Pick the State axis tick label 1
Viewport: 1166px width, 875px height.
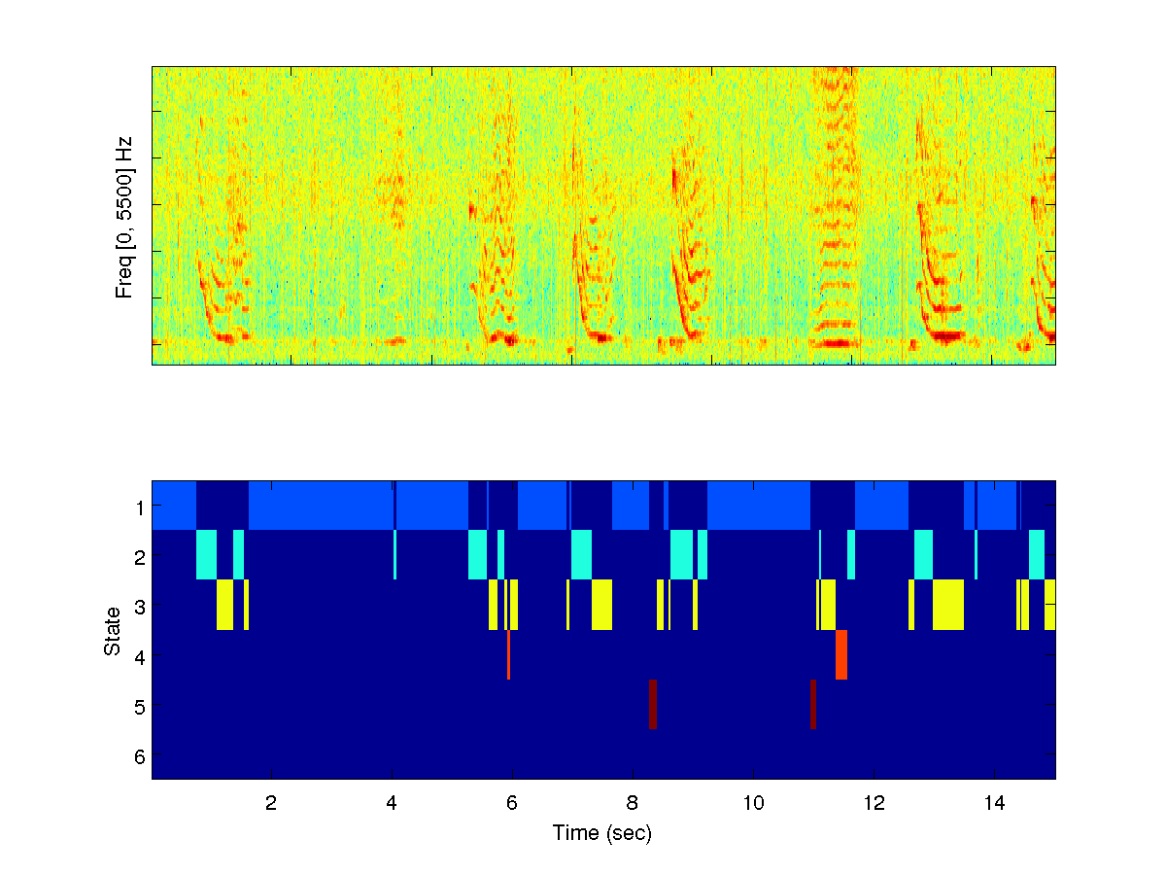[140, 507]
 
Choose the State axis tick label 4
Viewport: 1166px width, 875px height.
[140, 656]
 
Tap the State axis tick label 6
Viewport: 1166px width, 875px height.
[140, 756]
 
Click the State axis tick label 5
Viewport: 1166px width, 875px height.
[140, 706]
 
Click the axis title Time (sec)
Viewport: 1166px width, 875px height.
[601, 833]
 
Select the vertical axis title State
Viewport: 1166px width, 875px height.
[114, 630]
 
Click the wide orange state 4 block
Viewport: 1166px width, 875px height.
[841, 654]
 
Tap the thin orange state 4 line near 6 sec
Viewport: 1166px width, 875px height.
[508, 654]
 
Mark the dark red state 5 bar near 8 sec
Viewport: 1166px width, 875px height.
[653, 704]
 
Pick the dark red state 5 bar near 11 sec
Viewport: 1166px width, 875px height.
[812, 704]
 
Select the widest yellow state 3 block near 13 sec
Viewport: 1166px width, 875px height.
[947, 604]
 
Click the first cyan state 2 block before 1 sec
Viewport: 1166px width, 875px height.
[206, 554]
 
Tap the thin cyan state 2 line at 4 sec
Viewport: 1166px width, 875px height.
[395, 554]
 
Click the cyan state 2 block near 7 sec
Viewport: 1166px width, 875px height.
[581, 554]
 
